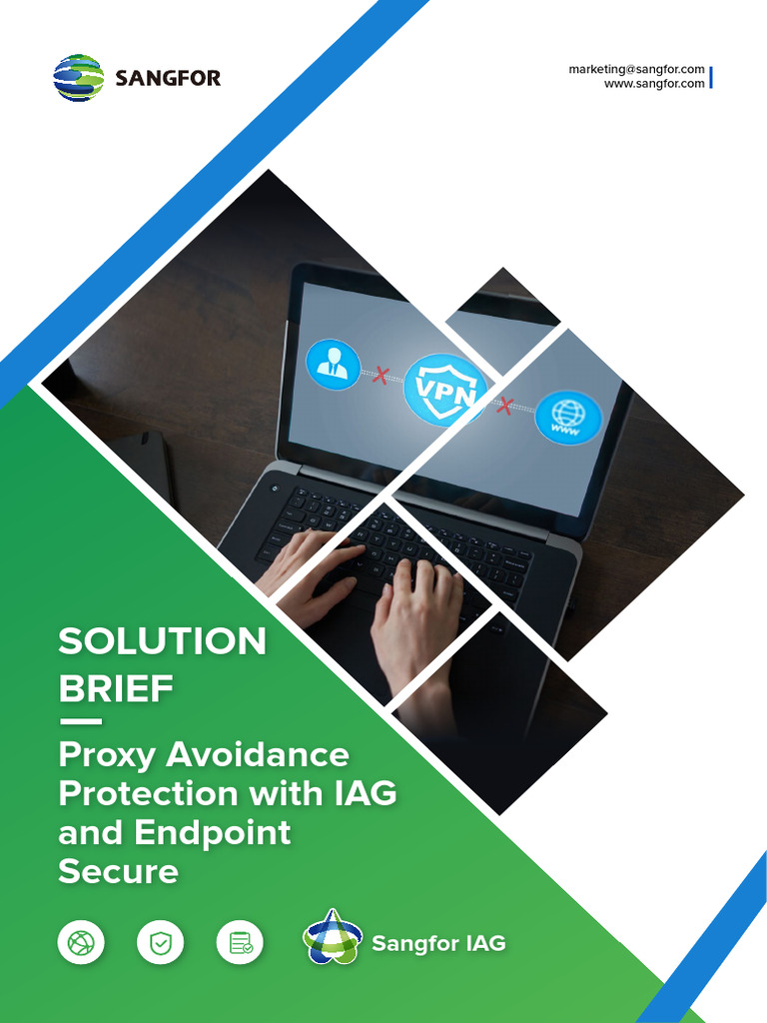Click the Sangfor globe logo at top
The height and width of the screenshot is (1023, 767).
click(78, 78)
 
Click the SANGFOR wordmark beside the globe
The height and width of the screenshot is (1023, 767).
click(168, 78)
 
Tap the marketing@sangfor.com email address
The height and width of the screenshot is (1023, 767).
click(636, 69)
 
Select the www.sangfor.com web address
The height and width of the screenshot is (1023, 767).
click(654, 84)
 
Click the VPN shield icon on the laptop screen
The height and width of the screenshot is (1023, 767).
click(444, 390)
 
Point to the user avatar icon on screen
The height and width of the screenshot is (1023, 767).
click(333, 365)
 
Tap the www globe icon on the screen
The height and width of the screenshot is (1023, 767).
click(568, 417)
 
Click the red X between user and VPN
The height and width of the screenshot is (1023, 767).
click(381, 376)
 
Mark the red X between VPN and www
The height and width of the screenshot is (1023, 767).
click(505, 405)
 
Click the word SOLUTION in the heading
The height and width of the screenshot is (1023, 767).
click(163, 641)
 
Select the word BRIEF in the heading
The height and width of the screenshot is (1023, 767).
click(116, 688)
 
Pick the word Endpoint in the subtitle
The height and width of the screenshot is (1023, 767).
click(211, 832)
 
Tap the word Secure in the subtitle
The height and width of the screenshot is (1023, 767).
click(118, 871)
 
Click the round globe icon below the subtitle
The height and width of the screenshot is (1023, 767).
click(81, 942)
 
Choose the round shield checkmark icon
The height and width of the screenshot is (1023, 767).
click(160, 942)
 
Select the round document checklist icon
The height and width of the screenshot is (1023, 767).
click(240, 942)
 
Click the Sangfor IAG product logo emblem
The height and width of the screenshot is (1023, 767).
click(331, 939)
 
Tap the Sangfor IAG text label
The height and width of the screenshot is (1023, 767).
click(438, 943)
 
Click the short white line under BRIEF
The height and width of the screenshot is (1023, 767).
click(80, 720)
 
